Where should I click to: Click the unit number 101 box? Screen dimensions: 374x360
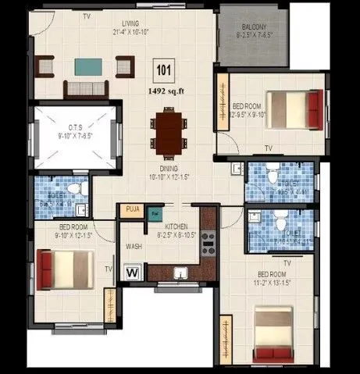pos(163,70)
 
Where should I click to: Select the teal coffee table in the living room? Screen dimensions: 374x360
pos(81,66)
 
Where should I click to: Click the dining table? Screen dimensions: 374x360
pos(168,130)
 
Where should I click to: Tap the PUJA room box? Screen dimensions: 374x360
pos(131,209)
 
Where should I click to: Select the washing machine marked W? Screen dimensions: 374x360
pos(132,272)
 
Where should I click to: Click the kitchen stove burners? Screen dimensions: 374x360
pos(208,244)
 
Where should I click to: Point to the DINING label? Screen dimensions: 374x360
pos(168,169)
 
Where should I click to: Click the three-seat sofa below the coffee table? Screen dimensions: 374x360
pos(81,87)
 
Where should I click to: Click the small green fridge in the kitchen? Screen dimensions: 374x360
pos(155,213)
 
